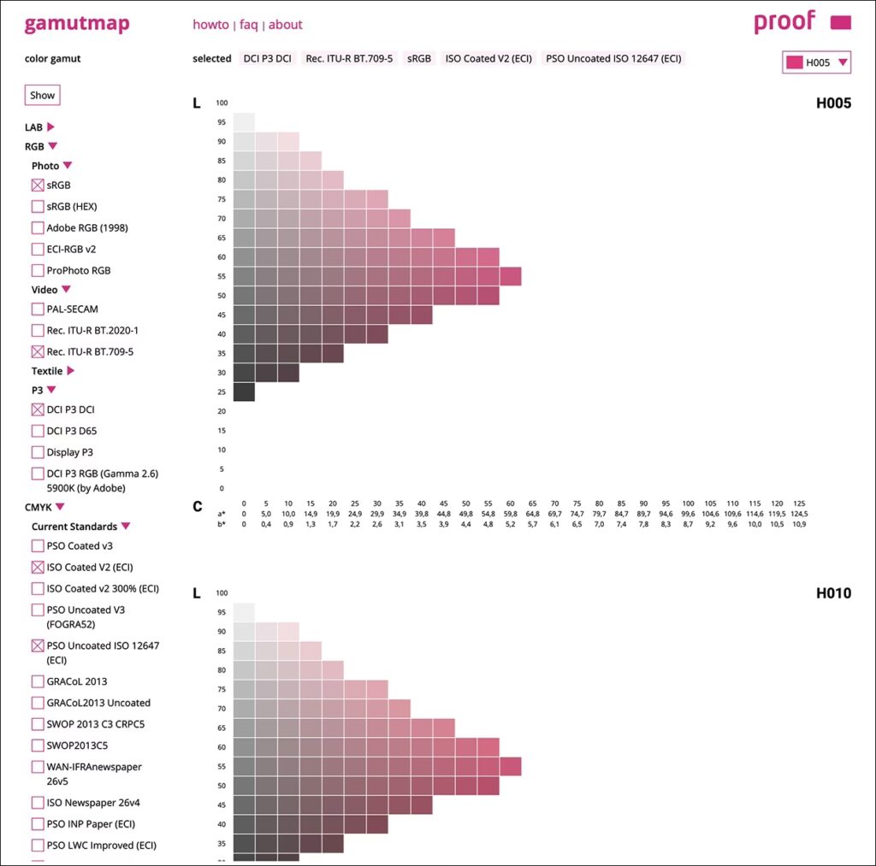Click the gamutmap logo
pyautogui.click(x=77, y=23)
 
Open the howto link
pyautogui.click(x=210, y=25)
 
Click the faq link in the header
pyautogui.click(x=248, y=25)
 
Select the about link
pyautogui.click(x=285, y=25)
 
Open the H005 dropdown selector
pyautogui.click(x=816, y=62)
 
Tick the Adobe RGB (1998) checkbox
pyautogui.click(x=38, y=228)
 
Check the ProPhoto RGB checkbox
pyautogui.click(x=38, y=271)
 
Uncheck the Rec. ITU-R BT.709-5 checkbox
pyautogui.click(x=38, y=351)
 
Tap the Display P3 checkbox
pyautogui.click(x=38, y=452)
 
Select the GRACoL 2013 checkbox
pyautogui.click(x=38, y=682)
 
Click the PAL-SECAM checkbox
pyautogui.click(x=38, y=309)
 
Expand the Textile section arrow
pyautogui.click(x=71, y=371)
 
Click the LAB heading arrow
pyautogui.click(x=50, y=127)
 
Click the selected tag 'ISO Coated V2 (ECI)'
pyautogui.click(x=488, y=59)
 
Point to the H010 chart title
pyautogui.click(x=833, y=593)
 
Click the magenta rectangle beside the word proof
pyautogui.click(x=840, y=23)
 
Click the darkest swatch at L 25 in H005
pyautogui.click(x=244, y=392)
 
